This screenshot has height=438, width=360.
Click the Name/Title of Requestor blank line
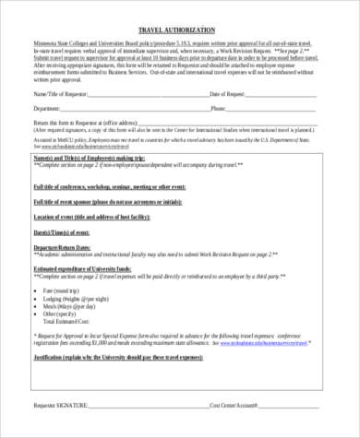[149, 96]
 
